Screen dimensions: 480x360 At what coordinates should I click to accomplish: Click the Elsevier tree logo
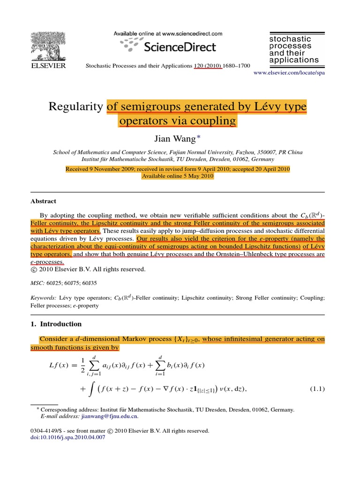[48, 46]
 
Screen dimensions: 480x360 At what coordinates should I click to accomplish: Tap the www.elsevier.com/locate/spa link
[289, 74]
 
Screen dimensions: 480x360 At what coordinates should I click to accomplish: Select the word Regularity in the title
[75, 107]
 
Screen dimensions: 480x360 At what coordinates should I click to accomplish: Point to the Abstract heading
[43, 201]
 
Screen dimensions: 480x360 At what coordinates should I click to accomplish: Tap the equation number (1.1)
[318, 389]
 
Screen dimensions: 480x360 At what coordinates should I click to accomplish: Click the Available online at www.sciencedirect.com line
[168, 34]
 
